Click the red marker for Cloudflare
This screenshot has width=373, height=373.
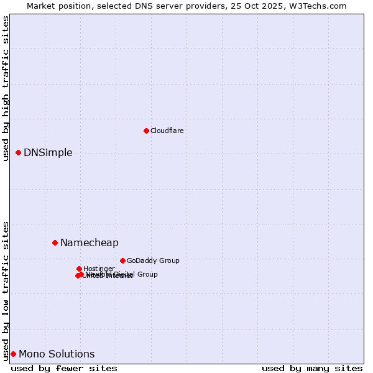tap(146, 131)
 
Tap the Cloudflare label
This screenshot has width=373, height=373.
tap(167, 131)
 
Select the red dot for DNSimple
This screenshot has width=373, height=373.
tap(18, 152)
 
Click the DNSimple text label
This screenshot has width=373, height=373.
tap(48, 153)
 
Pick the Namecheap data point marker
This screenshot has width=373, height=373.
tap(55, 242)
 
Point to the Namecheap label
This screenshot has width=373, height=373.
tap(89, 243)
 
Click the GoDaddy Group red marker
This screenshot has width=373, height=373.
tap(122, 260)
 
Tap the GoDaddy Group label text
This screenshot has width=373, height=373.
tap(153, 260)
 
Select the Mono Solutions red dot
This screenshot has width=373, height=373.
tap(13, 354)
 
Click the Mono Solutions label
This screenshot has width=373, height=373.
tap(57, 354)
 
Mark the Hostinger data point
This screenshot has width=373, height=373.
tap(79, 269)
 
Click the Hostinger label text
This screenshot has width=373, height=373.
tap(99, 269)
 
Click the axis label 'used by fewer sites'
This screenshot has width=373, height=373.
tap(64, 368)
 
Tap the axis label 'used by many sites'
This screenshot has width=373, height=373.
tap(312, 368)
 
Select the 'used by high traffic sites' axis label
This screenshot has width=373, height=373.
tap(6, 88)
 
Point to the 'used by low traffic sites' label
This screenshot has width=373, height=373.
tap(6, 290)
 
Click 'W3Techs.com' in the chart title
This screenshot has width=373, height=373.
tap(321, 6)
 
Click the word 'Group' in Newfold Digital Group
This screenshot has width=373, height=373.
tap(147, 274)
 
